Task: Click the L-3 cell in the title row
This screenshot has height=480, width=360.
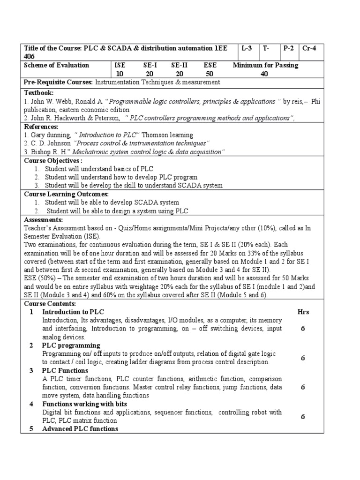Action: (247, 48)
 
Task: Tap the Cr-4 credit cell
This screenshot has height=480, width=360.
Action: (310, 48)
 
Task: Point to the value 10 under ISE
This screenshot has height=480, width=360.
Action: (120, 74)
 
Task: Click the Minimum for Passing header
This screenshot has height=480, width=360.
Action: (265, 65)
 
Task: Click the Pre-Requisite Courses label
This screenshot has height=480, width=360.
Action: (58, 82)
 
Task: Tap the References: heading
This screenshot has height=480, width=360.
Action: (41, 127)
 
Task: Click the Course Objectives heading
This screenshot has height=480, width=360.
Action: (53, 160)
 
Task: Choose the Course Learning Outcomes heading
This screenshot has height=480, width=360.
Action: (66, 194)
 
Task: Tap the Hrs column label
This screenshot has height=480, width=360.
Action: (303, 312)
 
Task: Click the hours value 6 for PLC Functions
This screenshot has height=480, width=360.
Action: (303, 387)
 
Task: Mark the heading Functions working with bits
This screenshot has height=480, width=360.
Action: (84, 404)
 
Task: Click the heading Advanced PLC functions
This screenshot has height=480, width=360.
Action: (80, 429)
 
